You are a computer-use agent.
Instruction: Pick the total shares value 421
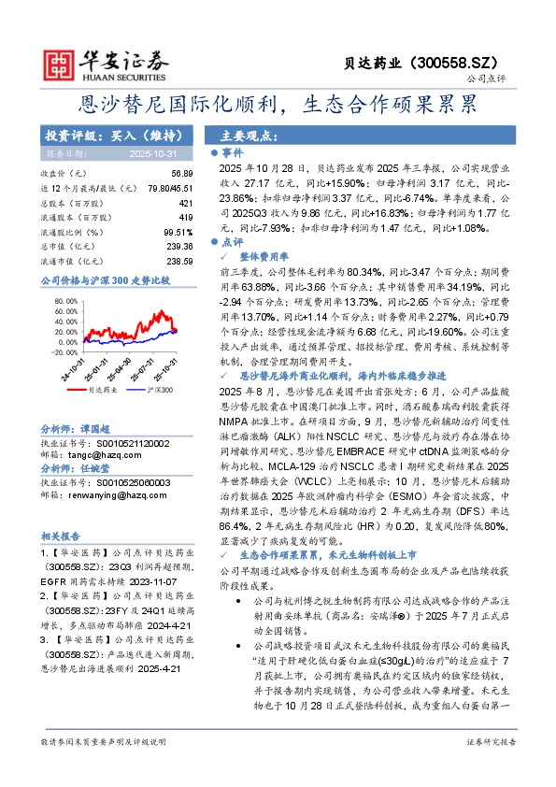tap(185, 203)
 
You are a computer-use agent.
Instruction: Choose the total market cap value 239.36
tap(179, 247)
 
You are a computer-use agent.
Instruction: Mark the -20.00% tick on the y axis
tap(64, 353)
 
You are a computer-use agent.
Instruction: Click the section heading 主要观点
tap(245, 136)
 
